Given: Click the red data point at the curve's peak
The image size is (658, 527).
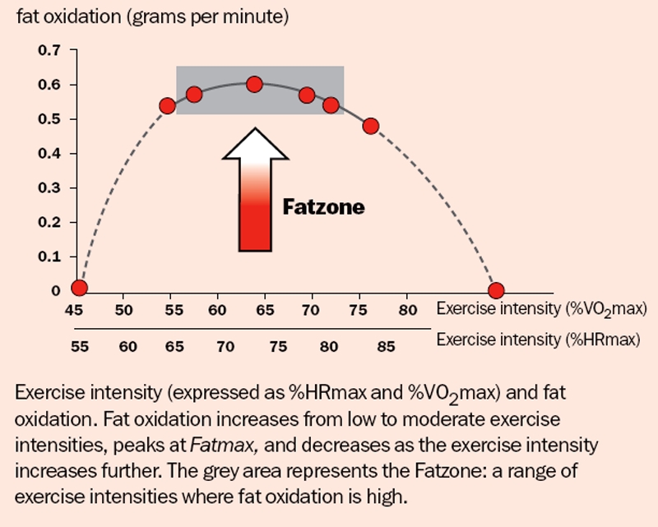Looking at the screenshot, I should [254, 84].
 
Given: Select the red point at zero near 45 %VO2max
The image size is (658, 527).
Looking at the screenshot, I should [79, 288].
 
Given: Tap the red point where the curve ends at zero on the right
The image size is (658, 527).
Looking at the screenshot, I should [496, 290].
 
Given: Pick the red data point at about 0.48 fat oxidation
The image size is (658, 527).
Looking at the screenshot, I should [370, 126].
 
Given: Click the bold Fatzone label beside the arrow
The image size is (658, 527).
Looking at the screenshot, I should [323, 207].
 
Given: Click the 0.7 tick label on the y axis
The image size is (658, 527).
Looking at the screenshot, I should [49, 51].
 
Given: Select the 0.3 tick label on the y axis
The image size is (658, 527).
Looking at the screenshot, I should [49, 188].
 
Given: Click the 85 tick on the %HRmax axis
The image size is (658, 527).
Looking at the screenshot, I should [383, 347].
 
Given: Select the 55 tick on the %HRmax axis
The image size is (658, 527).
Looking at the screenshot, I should [79, 347].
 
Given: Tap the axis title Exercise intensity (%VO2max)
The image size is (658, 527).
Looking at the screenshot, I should [541, 310].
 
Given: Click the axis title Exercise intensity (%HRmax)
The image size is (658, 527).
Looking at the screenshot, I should [538, 340].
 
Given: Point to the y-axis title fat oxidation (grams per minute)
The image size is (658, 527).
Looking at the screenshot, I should [152, 17].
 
